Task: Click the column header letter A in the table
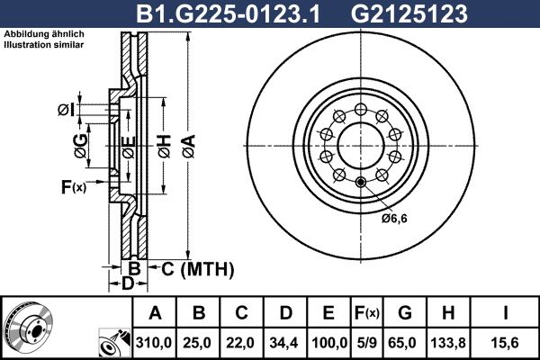pos(155,313)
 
